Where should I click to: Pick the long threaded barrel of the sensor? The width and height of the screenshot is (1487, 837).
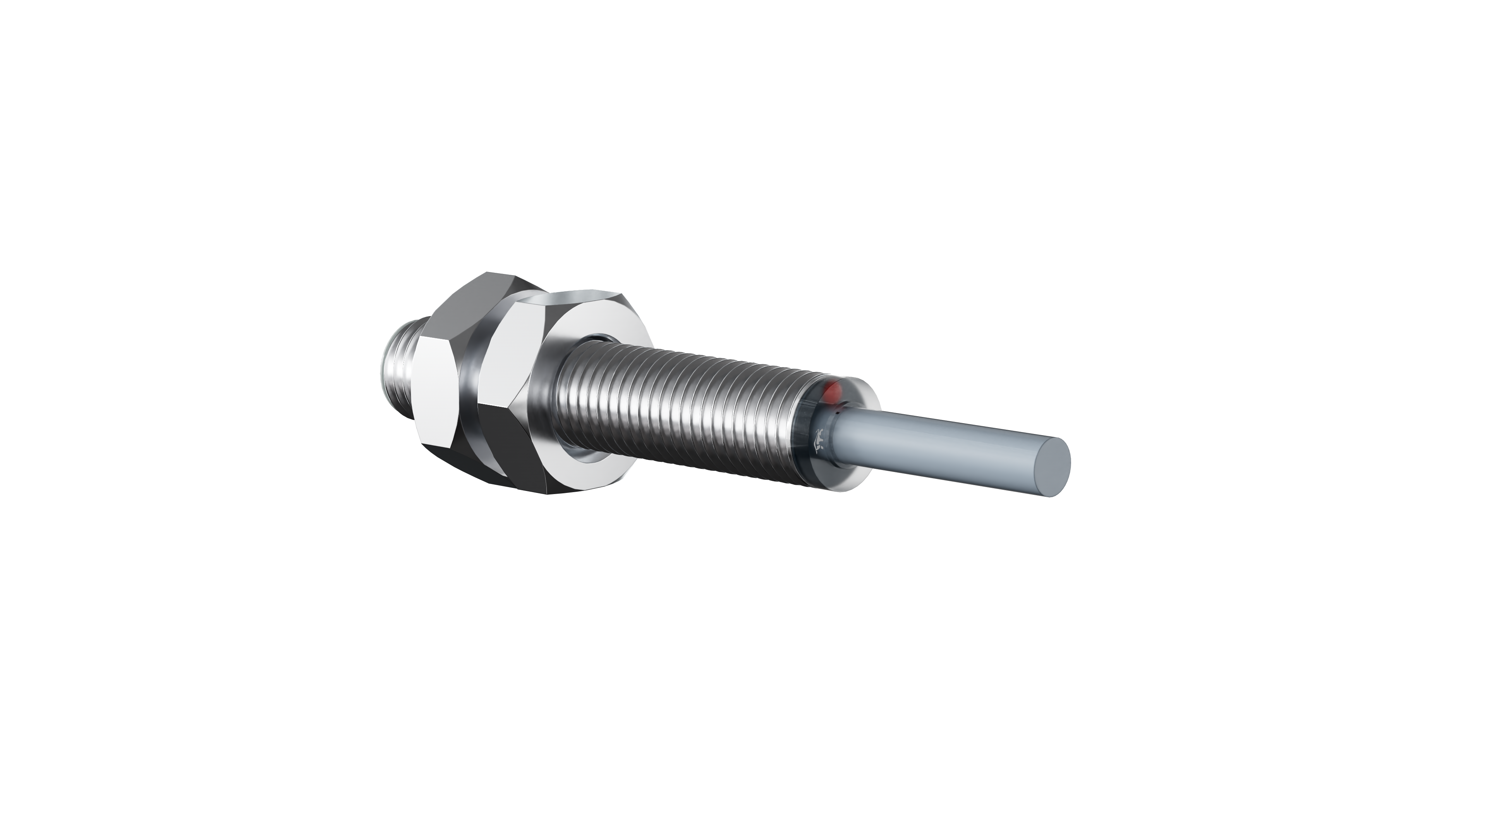point(681,410)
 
